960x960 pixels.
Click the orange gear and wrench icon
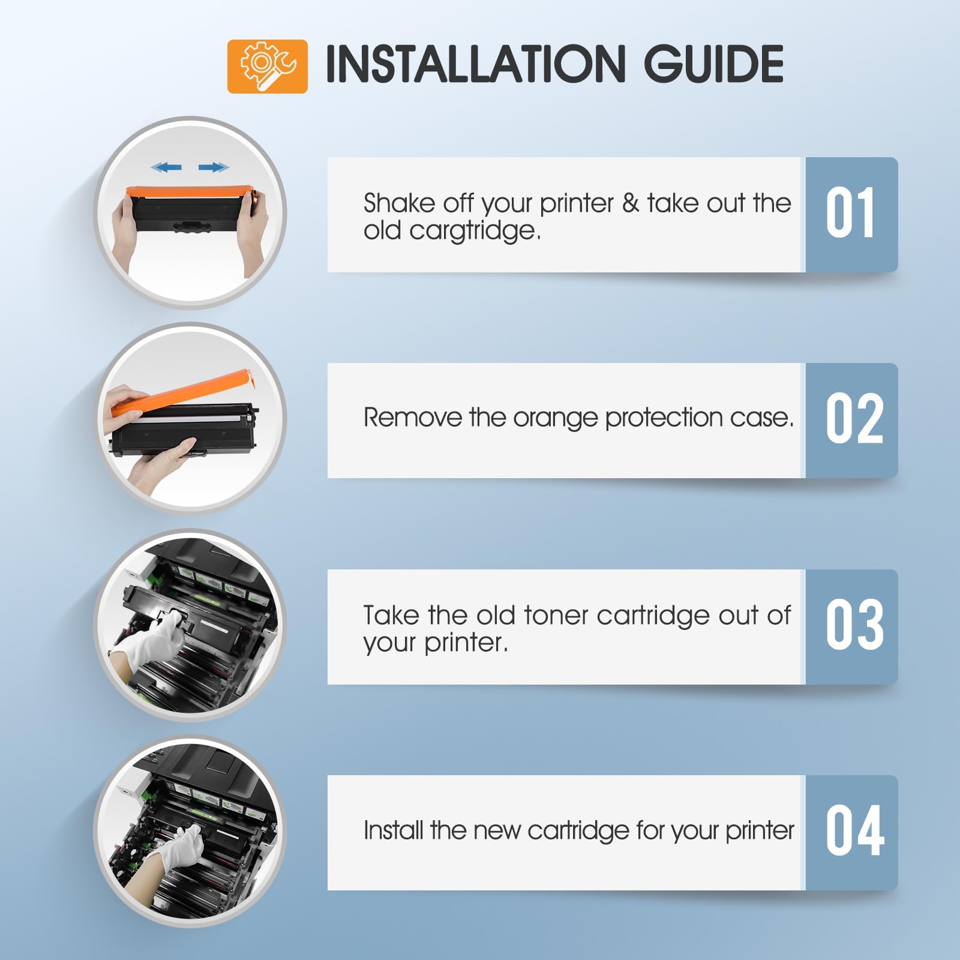tap(267, 66)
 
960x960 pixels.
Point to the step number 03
tap(854, 625)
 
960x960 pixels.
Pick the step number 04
tap(855, 831)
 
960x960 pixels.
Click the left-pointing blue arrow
tap(167, 167)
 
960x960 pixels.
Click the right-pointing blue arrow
tap(214, 167)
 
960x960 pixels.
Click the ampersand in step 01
tap(631, 203)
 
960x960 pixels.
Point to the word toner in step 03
tap(556, 616)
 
